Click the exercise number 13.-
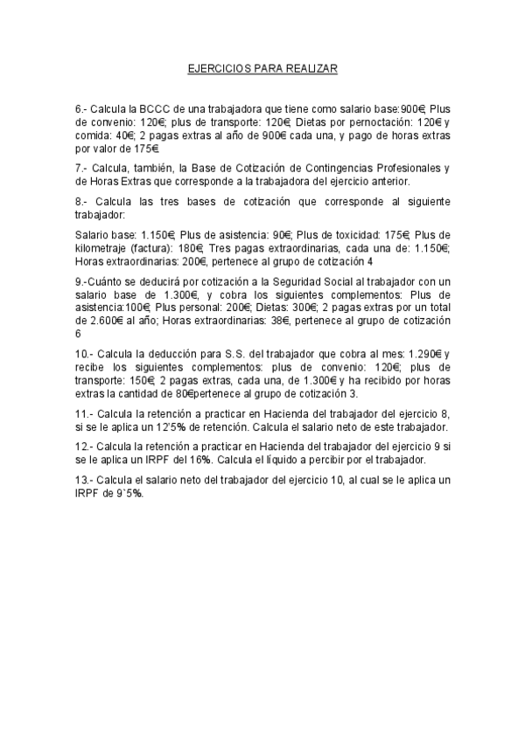point(86,481)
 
